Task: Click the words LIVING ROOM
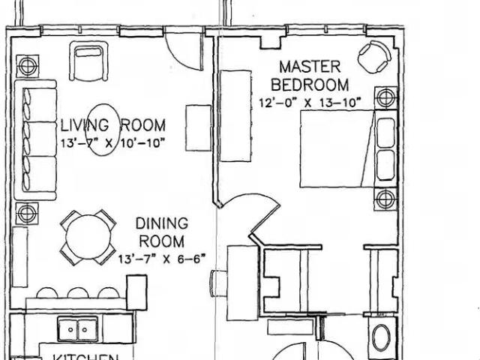pyautogui.click(x=113, y=125)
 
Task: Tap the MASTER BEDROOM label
pyautogui.click(x=314, y=75)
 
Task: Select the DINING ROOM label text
pyautogui.click(x=160, y=232)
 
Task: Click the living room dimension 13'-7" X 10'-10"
pyautogui.click(x=113, y=142)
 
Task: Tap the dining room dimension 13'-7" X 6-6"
pyautogui.click(x=162, y=259)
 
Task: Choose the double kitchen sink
pyautogui.click(x=77, y=328)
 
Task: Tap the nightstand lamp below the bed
pyautogui.click(x=385, y=200)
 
